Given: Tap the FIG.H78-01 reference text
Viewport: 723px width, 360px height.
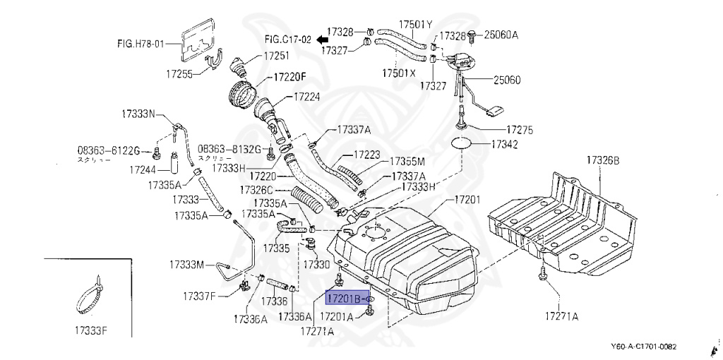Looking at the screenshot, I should tap(140, 44).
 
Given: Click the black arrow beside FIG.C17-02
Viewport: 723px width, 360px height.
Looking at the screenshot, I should tap(321, 40).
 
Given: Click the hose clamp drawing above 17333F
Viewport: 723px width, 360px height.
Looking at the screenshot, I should tap(91, 297).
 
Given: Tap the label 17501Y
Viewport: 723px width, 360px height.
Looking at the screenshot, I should tap(415, 25).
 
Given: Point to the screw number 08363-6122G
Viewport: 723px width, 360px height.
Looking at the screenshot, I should tap(109, 150).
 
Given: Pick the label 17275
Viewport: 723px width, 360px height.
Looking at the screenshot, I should tap(519, 130).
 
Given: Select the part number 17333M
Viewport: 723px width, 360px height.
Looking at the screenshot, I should tap(186, 265).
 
